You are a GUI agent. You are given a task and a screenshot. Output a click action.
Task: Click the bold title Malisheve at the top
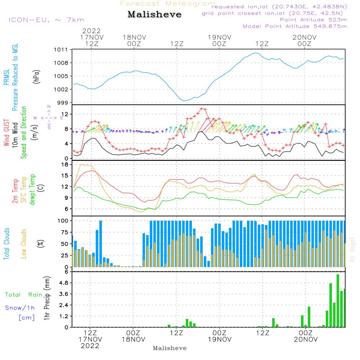click(x=154, y=14)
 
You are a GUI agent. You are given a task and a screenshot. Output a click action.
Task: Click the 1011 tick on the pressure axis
click(x=61, y=50)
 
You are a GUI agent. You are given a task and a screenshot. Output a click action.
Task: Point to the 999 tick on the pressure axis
click(x=63, y=103)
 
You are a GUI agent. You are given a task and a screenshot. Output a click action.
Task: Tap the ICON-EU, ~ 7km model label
click(x=46, y=20)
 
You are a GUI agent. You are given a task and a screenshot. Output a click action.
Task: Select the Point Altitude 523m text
click(x=314, y=20)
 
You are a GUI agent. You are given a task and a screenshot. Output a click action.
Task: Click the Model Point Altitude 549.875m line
click(x=295, y=26)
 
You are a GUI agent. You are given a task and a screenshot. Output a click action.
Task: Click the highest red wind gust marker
click(x=201, y=109)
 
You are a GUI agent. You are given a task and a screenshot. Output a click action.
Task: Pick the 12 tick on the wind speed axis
click(x=64, y=114)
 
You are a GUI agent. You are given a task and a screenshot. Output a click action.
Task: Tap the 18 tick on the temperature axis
click(x=65, y=165)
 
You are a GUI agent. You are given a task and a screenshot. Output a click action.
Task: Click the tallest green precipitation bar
click(x=338, y=301)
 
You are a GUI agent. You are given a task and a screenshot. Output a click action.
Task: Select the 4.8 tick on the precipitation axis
click(x=64, y=283)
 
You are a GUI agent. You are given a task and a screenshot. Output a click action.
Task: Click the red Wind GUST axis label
click(x=6, y=133)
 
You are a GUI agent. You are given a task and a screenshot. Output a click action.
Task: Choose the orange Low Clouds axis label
click(x=23, y=244)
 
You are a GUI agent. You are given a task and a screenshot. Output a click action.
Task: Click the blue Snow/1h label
click(x=20, y=308)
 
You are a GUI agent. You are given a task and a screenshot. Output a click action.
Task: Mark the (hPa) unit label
click(x=36, y=77)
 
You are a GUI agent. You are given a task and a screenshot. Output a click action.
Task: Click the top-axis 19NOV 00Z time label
click(x=220, y=41)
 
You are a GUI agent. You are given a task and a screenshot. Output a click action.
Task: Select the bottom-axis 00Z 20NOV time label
click(x=306, y=336)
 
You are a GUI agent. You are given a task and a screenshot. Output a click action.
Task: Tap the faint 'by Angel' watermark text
click(x=352, y=250)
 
